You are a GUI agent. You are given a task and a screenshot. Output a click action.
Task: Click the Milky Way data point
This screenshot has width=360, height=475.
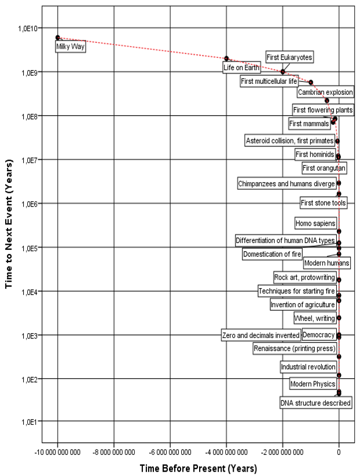click(58, 38)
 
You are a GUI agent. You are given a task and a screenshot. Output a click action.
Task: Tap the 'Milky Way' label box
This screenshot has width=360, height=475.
click(71, 46)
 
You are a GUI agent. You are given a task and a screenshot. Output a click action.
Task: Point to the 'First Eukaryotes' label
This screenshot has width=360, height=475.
click(289, 57)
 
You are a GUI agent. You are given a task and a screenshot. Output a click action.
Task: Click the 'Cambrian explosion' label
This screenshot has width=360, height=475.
click(325, 92)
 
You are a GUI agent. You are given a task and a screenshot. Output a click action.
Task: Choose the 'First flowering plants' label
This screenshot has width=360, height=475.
click(323, 110)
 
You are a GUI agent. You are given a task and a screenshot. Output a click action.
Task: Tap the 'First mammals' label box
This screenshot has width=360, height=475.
click(310, 123)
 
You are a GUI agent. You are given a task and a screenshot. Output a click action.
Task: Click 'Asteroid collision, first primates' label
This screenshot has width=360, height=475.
click(289, 141)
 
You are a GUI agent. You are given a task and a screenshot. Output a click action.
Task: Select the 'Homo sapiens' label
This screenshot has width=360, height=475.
click(315, 223)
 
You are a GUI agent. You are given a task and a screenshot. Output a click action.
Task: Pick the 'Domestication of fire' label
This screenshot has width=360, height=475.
click(272, 254)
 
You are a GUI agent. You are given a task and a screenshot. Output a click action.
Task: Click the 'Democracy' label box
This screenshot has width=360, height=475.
click(319, 336)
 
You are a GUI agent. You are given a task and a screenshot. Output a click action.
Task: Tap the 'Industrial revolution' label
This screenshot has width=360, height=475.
click(308, 367)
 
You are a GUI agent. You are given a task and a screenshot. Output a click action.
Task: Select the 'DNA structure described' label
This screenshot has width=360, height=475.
click(315, 403)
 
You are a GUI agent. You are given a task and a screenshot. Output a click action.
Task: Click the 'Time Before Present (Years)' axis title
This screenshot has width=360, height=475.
click(198, 467)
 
